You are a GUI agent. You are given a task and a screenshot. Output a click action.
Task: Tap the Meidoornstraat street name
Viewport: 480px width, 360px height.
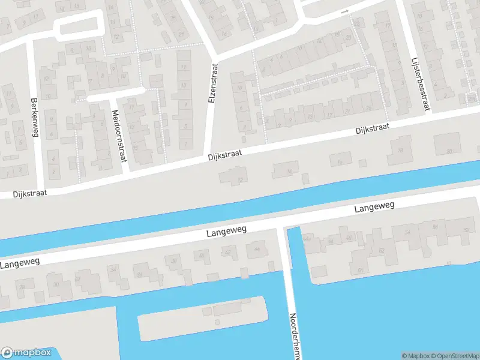(119, 136)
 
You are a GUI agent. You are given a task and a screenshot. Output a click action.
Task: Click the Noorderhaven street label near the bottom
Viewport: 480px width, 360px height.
(293, 336)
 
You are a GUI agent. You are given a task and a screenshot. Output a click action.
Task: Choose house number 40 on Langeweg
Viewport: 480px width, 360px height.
(202, 256)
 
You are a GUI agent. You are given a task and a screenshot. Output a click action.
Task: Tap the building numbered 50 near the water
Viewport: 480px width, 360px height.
(360, 270)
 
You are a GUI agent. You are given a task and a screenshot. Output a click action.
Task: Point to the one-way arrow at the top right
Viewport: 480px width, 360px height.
(344, 11)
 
